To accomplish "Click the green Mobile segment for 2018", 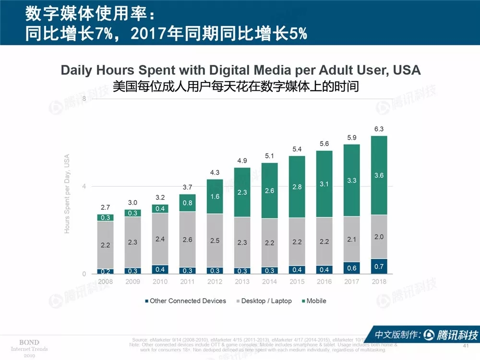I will pos(379,175).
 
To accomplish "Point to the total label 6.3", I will pos(379,129).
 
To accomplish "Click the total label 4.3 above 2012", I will pos(215,172).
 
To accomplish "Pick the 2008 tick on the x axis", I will pos(105,281).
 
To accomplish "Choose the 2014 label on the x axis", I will pos(269,281).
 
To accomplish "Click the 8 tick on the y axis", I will pos(84,98).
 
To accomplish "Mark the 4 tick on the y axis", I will pos(84,186).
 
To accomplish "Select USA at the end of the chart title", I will pos(406,70).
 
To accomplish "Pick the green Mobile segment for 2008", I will pos(105,217).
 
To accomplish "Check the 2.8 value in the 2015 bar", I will pos(297,187).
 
